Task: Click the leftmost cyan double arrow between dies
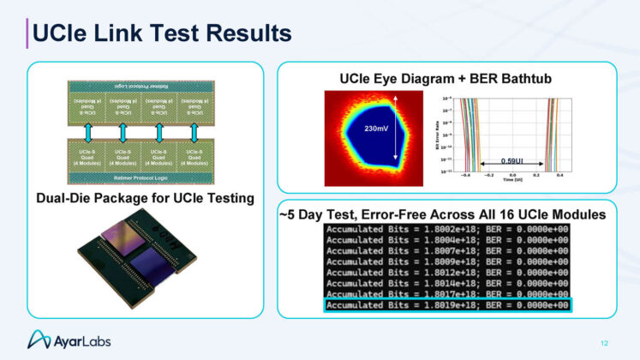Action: tap(87, 129)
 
